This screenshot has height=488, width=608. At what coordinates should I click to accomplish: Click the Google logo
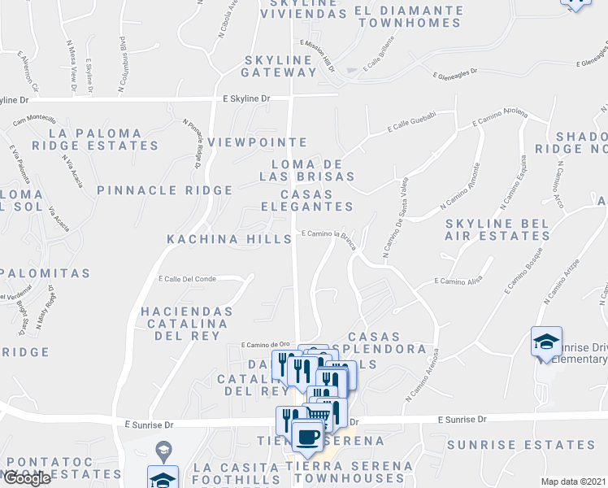[x=26, y=478]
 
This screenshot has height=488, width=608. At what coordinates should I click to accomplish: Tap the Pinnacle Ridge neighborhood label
[x=164, y=190]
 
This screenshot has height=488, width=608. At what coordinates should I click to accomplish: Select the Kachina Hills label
[x=229, y=239]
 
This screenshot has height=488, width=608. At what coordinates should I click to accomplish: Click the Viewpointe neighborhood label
[x=257, y=142]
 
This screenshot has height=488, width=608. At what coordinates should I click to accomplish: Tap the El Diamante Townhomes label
[x=409, y=16]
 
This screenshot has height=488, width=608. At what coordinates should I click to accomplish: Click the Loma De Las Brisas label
[x=307, y=168]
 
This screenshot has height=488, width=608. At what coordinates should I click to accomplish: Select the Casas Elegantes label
[x=307, y=200]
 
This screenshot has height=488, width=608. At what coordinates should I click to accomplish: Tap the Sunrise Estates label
[x=521, y=445]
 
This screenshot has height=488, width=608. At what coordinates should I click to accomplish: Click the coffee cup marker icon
[x=307, y=437]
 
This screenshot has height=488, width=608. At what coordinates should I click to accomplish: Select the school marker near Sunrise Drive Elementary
[x=546, y=342]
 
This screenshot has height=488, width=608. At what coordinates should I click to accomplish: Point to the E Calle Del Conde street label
[x=188, y=279]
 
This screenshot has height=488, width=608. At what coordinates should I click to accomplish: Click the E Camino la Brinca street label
[x=330, y=234]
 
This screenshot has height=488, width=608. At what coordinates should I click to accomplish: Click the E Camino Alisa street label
[x=459, y=281]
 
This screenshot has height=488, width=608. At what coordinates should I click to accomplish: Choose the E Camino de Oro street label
[x=266, y=345]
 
